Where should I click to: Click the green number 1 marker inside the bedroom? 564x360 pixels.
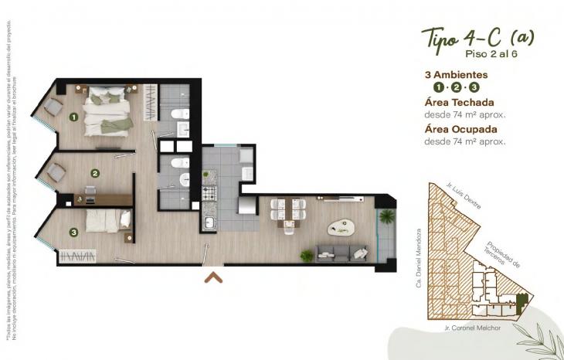[x=73, y=117]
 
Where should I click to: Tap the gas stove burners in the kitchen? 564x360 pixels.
[x=209, y=192]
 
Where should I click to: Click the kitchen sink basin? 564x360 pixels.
[x=209, y=224]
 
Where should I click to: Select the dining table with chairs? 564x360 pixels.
[x=288, y=211]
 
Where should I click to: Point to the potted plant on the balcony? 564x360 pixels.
[x=386, y=216]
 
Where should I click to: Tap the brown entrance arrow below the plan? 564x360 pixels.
[x=213, y=277]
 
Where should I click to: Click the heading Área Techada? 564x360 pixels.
[x=459, y=102]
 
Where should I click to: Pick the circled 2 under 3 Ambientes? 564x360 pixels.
[x=457, y=87]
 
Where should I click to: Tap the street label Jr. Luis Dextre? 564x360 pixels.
[x=464, y=195]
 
